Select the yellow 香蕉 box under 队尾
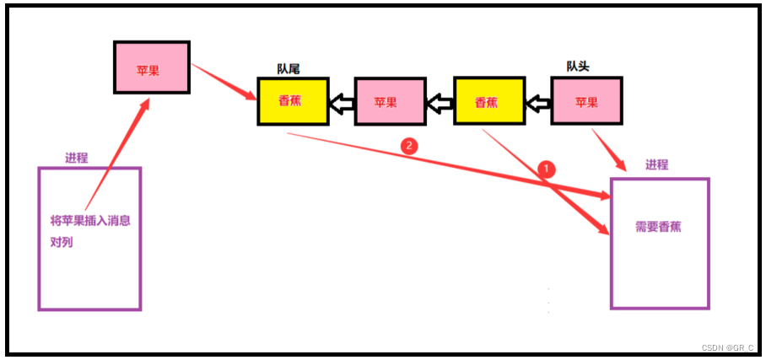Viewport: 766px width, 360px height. coord(292,101)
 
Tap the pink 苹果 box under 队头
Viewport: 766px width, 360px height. coord(586,101)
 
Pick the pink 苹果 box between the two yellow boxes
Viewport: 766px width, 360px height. coord(389,102)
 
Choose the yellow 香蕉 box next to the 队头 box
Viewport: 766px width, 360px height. coord(488,102)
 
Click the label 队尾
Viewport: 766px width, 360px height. coord(289,69)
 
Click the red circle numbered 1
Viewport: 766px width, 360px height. coord(546,168)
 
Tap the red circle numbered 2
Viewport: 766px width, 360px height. coord(409,145)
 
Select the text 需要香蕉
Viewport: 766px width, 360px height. coord(660,227)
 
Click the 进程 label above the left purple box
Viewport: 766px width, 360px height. coord(77,158)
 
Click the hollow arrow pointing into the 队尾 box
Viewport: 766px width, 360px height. coord(341,104)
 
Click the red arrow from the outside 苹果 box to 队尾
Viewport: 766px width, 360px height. coord(224,81)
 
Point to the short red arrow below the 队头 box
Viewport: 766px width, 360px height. coord(610,151)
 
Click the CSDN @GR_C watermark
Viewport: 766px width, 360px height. coord(728,348)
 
